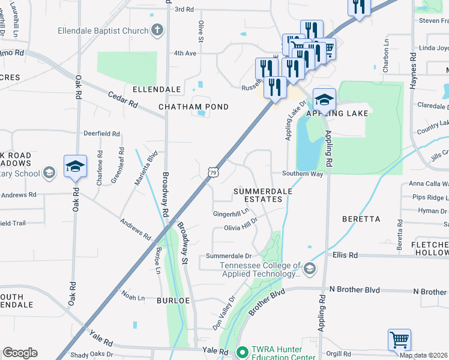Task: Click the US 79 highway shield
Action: tap(213, 173)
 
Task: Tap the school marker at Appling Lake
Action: tap(324, 100)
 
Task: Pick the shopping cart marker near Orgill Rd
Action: tap(399, 340)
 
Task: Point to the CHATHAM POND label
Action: tap(193, 107)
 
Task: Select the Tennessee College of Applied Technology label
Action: tap(260, 270)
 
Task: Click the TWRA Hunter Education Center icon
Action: tap(243, 352)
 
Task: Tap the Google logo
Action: tap(20, 353)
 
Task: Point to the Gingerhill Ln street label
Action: tap(231, 214)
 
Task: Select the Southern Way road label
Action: tap(303, 174)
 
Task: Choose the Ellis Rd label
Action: tap(345, 255)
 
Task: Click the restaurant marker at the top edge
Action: tap(359, 7)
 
